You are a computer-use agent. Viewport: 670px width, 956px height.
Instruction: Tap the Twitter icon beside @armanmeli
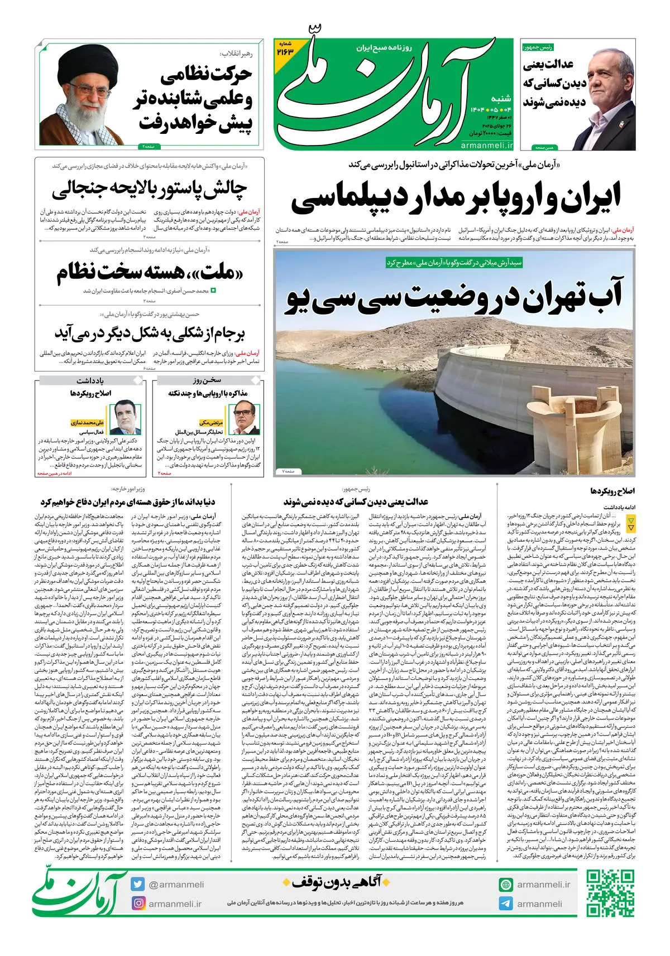(138, 884)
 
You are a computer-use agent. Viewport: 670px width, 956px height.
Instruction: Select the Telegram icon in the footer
(506, 904)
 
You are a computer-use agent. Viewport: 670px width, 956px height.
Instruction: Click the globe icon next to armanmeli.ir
(506, 885)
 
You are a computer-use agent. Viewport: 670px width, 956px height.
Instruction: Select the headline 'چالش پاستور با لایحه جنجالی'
(149, 190)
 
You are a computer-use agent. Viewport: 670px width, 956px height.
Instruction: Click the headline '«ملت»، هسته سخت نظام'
(150, 272)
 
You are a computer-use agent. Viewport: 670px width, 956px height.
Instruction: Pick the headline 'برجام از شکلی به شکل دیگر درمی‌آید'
(150, 333)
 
